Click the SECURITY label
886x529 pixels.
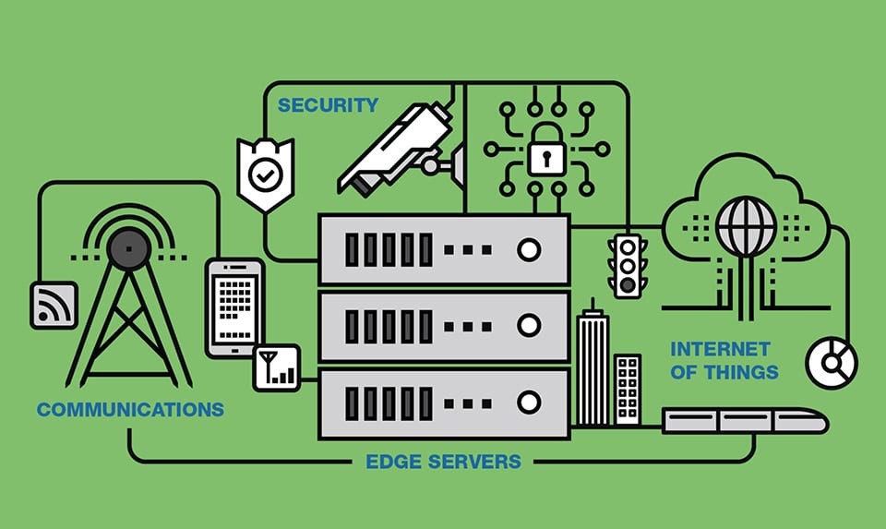tap(328, 105)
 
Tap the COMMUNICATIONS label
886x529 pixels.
tap(130, 409)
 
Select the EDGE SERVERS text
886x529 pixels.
tap(442, 462)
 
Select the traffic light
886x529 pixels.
tap(627, 264)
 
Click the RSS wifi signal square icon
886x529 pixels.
tap(54, 305)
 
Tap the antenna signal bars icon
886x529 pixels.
tap(276, 367)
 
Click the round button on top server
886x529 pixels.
tap(529, 249)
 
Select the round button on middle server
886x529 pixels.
tap(529, 325)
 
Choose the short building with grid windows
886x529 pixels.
tap(628, 389)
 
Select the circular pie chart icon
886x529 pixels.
tap(832, 361)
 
